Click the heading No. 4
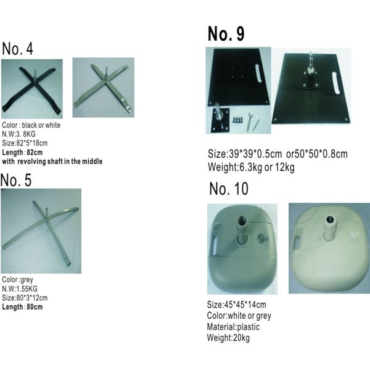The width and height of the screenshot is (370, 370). (x=17, y=49)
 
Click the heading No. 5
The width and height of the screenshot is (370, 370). (x=16, y=180)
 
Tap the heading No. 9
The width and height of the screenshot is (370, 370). (x=226, y=34)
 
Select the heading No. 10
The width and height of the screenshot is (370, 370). (x=229, y=189)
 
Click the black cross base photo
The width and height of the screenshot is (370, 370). (x=32, y=89)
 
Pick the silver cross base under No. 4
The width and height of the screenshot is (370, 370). (x=104, y=88)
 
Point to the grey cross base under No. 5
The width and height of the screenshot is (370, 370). (x=41, y=231)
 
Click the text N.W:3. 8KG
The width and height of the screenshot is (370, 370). (x=18, y=134)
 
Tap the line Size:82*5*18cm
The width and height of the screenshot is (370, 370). (x=25, y=143)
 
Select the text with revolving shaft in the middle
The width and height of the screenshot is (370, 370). (x=52, y=162)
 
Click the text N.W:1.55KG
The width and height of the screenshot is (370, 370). (x=20, y=289)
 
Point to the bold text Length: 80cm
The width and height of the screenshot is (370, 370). (x=22, y=306)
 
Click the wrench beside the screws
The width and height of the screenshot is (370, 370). (x=249, y=121)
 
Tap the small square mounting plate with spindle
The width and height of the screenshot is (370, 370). (x=220, y=120)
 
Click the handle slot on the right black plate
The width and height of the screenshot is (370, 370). (x=336, y=83)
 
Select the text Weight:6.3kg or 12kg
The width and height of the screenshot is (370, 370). (x=251, y=167)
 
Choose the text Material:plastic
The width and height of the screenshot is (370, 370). (x=233, y=327)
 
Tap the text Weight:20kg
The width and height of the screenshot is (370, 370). (x=228, y=338)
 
